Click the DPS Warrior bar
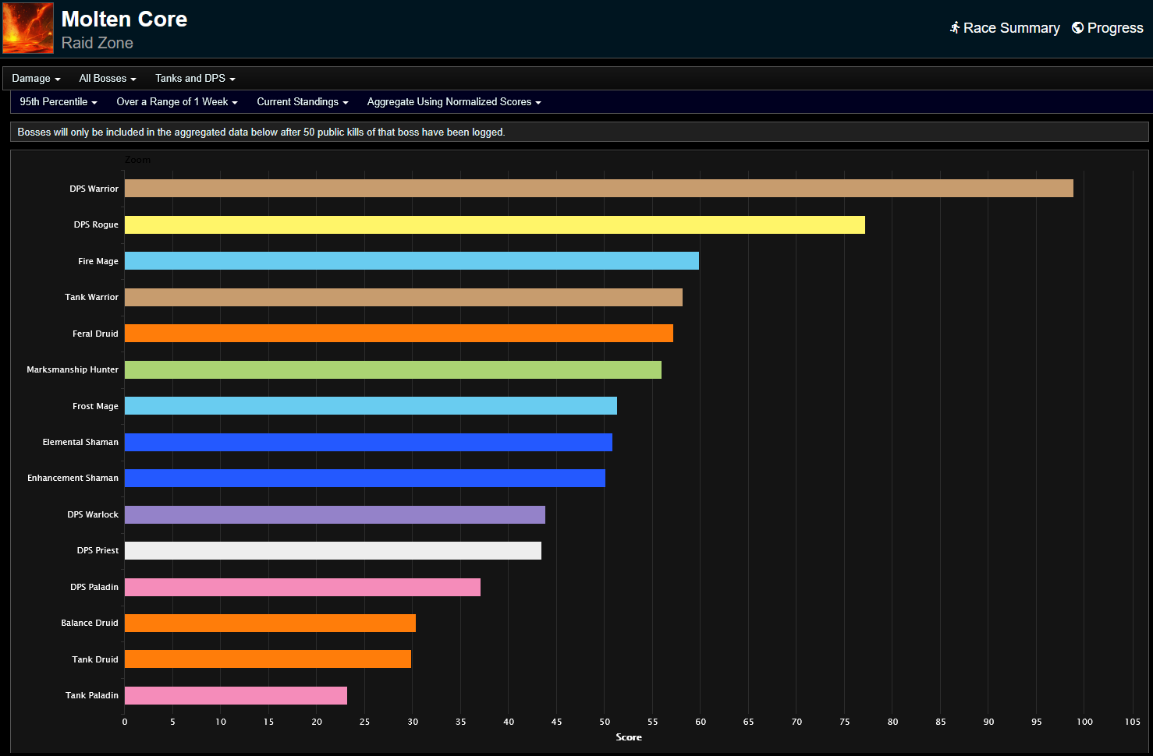pyautogui.click(x=598, y=189)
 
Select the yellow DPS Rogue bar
pyautogui.click(x=495, y=225)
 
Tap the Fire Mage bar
pyautogui.click(x=411, y=261)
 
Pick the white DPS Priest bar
pyautogui.click(x=332, y=551)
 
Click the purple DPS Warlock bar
pyautogui.click(x=335, y=514)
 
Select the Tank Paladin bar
pyautogui.click(x=236, y=696)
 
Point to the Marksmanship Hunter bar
pyautogui.click(x=392, y=370)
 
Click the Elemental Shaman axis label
pyautogui.click(x=80, y=442)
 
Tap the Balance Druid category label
pyautogui.click(x=90, y=623)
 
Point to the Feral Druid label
pyautogui.click(x=95, y=334)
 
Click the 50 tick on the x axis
pyautogui.click(x=605, y=722)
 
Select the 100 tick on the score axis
pyautogui.click(x=1084, y=722)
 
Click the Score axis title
pyautogui.click(x=629, y=737)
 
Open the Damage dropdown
pyautogui.click(x=36, y=79)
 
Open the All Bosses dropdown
pyautogui.click(x=108, y=79)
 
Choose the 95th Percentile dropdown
pyautogui.click(x=59, y=102)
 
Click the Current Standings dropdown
pyautogui.click(x=303, y=102)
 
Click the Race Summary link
pyautogui.click(x=1005, y=28)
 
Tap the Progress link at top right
pyautogui.click(x=1108, y=28)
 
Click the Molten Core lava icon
pyautogui.click(x=28, y=28)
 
